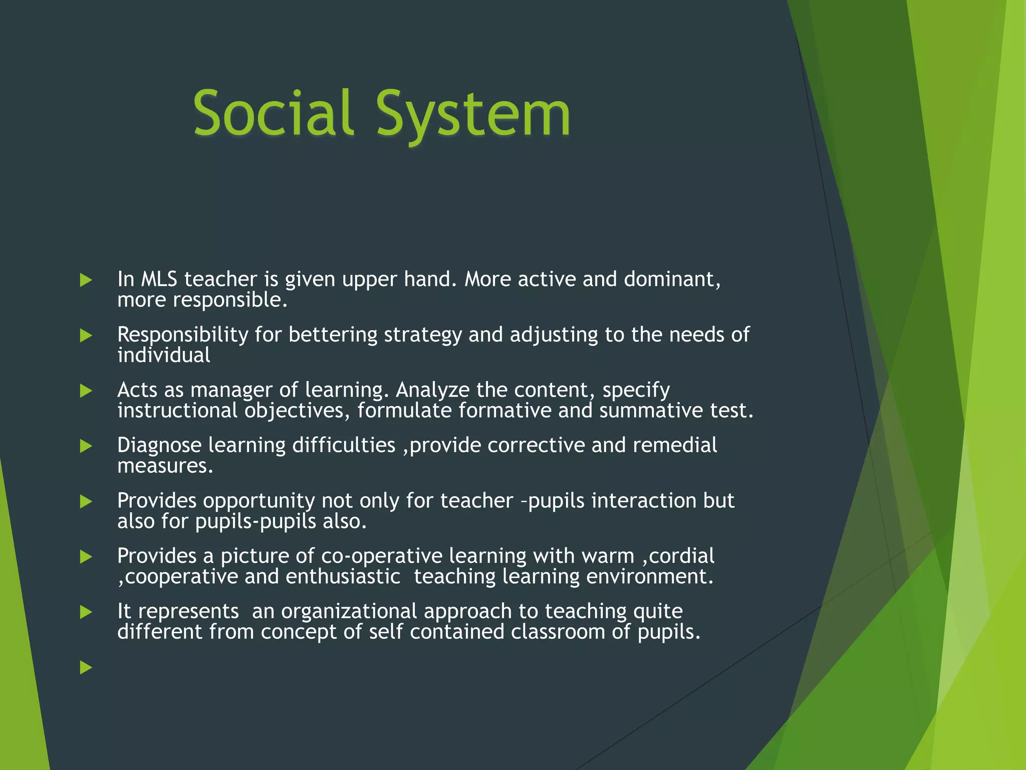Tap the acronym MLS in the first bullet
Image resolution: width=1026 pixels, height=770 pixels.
159,279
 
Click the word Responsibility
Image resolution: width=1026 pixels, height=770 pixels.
182,335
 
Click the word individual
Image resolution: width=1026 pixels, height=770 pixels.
163,355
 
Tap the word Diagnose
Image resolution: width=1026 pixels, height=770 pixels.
159,445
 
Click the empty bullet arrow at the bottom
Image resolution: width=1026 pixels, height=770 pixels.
86,667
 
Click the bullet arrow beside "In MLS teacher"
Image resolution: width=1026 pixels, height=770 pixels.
86,280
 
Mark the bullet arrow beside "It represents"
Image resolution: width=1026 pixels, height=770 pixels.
86,612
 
